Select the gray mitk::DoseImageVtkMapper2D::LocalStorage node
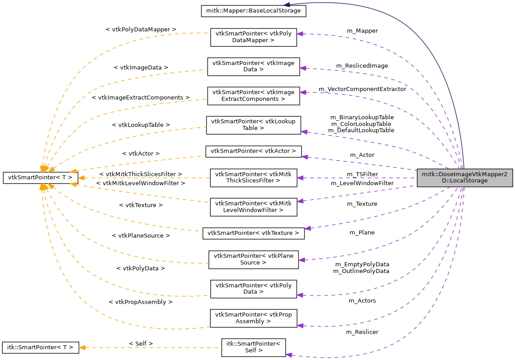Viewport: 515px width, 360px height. (464, 178)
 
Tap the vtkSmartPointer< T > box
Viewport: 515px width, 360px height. (41, 178)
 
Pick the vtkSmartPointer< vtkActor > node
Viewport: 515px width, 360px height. (253, 151)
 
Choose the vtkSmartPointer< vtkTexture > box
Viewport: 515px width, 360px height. (253, 233)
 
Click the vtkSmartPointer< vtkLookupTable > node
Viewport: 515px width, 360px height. (253, 125)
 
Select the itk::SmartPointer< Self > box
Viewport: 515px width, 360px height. (253, 347)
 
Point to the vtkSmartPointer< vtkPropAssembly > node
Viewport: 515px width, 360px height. (253, 318)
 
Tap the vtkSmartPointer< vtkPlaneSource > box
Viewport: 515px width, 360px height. (253, 260)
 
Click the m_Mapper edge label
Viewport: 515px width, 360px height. (362, 31)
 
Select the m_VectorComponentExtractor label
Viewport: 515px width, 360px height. (362, 89)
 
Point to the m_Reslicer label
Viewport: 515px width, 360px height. (362, 332)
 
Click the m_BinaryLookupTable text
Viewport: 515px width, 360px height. (362, 117)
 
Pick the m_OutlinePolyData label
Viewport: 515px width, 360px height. (361, 271)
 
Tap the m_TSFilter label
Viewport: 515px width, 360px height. (362, 174)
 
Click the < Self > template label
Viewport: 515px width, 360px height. (141, 343)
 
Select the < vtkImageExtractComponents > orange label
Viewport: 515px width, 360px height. (141, 97)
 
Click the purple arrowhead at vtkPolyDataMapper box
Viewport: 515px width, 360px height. (301, 34)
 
